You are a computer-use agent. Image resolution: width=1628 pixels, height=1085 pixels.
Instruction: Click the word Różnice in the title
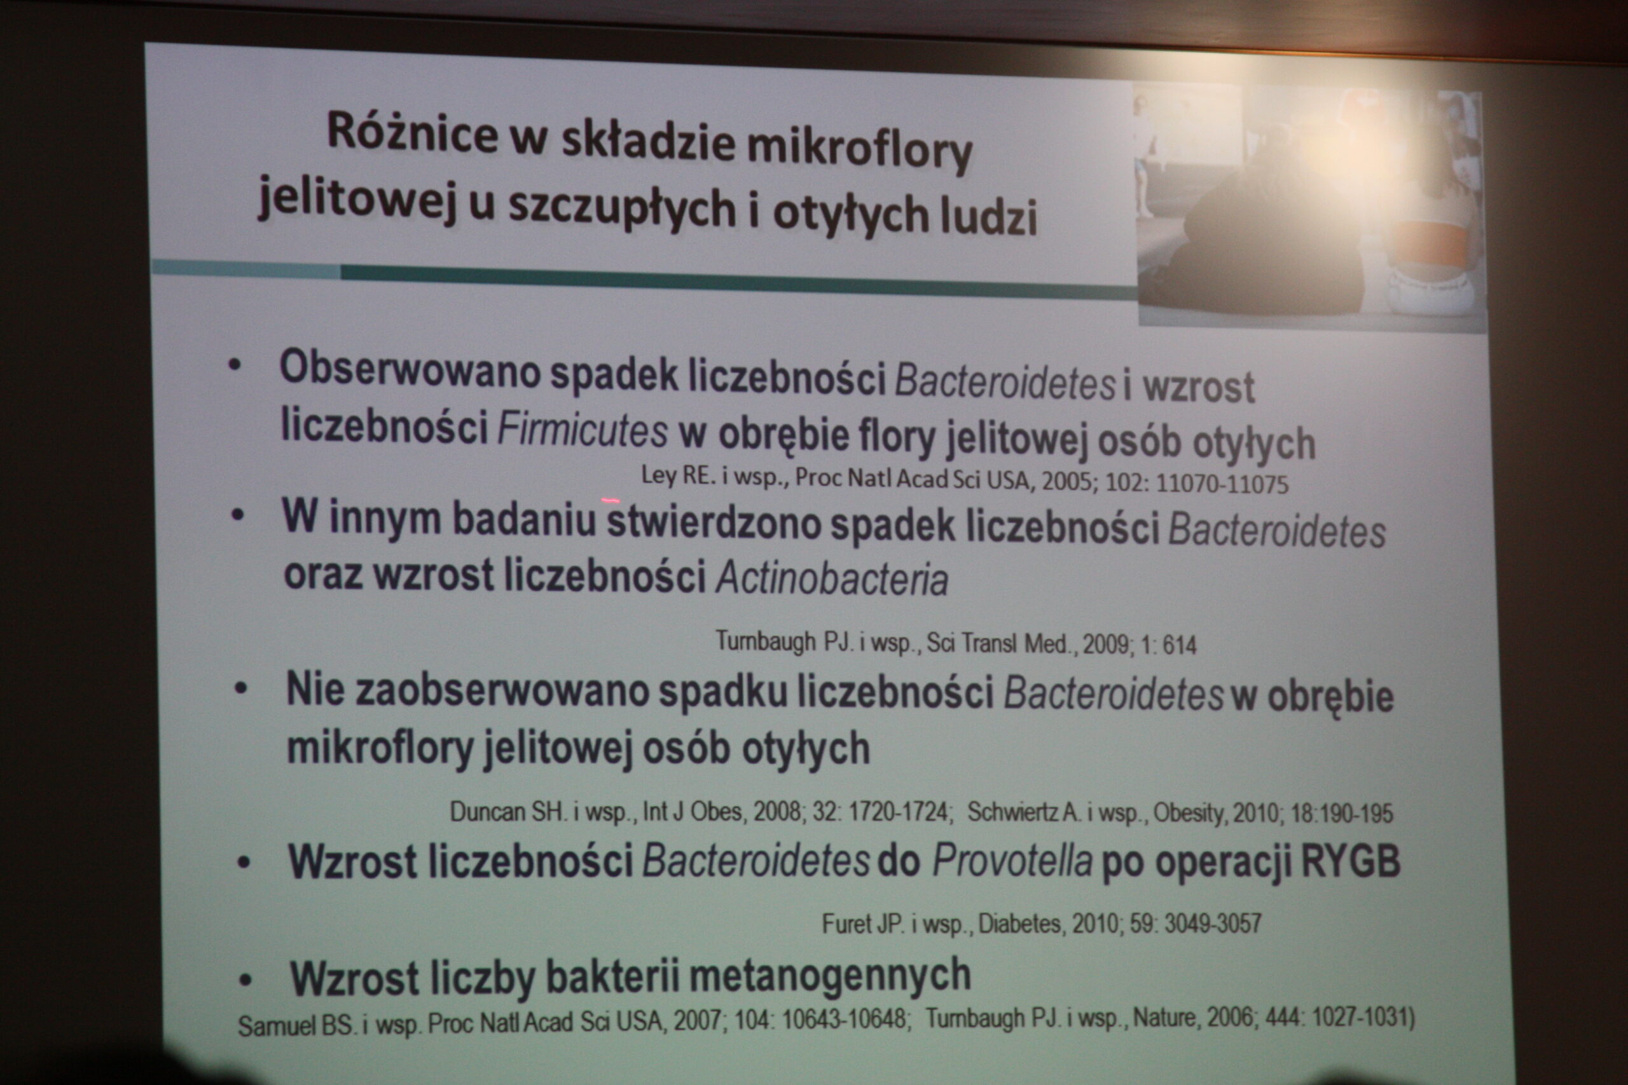point(412,132)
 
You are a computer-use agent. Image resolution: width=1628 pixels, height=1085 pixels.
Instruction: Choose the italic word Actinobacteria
point(831,578)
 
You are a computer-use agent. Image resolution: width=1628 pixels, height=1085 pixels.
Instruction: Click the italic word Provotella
point(1012,861)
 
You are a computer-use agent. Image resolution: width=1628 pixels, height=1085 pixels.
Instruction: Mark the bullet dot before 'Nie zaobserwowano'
point(241,688)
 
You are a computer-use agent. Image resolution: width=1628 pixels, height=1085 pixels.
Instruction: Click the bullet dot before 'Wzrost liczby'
point(244,980)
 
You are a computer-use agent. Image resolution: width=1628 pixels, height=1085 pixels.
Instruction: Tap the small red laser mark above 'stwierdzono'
point(610,500)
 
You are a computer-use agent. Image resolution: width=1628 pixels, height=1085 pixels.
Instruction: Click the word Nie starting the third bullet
point(315,689)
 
